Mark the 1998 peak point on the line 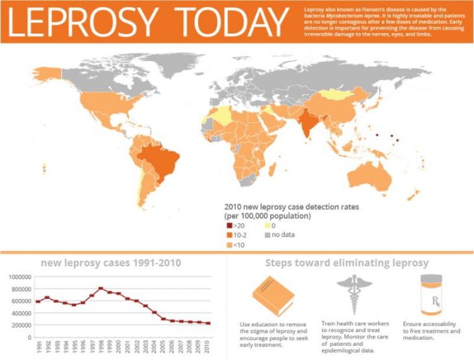101,289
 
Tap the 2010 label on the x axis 207,347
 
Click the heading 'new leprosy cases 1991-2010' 111,263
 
